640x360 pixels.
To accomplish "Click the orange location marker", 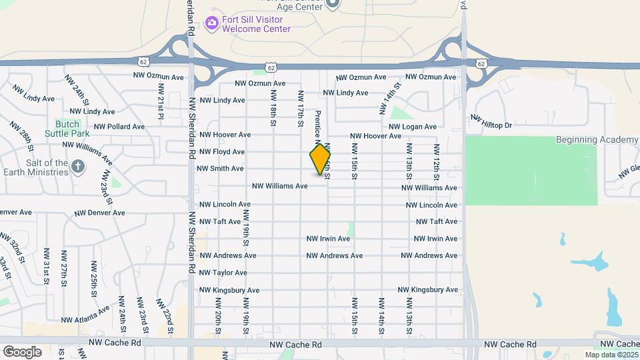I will click(x=320, y=159).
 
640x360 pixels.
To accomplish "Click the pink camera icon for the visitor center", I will click(x=212, y=24).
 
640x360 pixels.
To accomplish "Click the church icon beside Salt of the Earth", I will click(x=78, y=166).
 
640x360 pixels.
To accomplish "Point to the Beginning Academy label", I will click(x=597, y=139).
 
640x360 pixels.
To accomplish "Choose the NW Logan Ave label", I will click(x=413, y=127).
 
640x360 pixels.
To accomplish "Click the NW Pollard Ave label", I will click(x=119, y=127).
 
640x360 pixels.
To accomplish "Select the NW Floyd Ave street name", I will click(x=222, y=152).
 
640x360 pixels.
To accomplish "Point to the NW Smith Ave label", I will click(x=220, y=169).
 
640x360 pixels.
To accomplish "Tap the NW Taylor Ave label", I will click(x=223, y=273).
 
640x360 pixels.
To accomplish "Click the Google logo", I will click(x=22, y=351).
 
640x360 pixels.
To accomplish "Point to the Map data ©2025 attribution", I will click(x=611, y=355).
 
